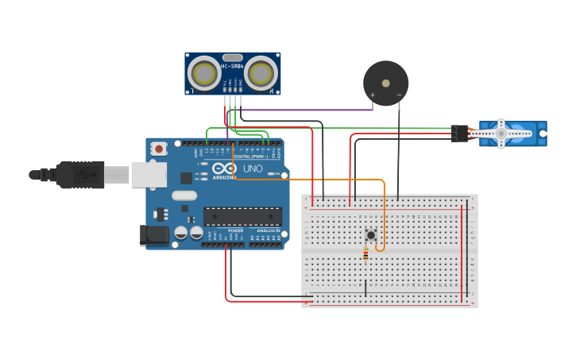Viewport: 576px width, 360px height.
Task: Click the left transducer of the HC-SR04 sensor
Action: [204, 74]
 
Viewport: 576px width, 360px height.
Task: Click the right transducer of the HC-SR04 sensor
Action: [261, 74]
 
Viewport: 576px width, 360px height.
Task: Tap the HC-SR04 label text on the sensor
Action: [232, 67]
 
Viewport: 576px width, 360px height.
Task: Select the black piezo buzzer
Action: [386, 83]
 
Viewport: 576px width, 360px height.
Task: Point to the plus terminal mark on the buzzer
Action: [372, 95]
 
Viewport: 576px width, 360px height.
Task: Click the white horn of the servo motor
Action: [501, 134]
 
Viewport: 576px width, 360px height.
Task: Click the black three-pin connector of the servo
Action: [459, 134]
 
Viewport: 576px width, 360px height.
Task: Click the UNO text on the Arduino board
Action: [253, 169]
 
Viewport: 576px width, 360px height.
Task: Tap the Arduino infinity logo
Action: [225, 168]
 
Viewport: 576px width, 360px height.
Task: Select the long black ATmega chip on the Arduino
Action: [242, 216]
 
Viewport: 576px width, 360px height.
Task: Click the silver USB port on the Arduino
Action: [149, 174]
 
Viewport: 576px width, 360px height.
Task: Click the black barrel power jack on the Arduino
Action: [153, 235]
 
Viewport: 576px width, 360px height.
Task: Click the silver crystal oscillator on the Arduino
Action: [184, 195]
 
